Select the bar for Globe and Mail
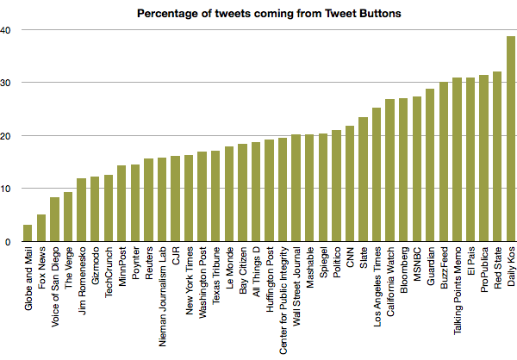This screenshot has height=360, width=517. click(x=28, y=233)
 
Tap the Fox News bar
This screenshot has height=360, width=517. click(x=40, y=228)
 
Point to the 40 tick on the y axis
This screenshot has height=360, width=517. click(x=5, y=30)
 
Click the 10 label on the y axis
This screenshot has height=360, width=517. click(x=5, y=189)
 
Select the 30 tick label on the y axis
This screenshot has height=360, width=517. click(x=5, y=83)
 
